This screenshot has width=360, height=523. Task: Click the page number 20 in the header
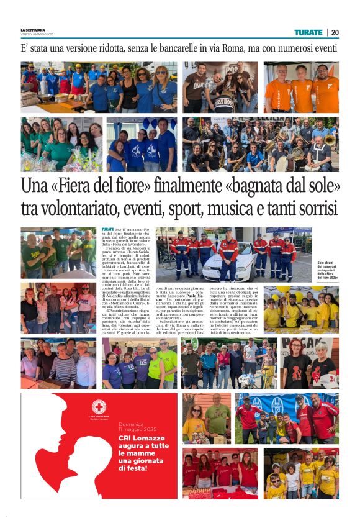335,32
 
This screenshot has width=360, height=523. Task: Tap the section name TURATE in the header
308,32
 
